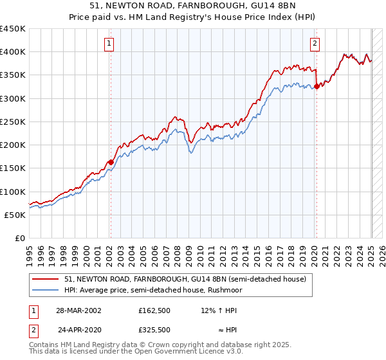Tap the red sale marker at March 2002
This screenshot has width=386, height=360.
point(111,162)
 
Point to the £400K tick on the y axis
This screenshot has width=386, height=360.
point(14,51)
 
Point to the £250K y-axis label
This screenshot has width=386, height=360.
point(14,122)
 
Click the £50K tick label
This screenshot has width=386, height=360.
point(16,215)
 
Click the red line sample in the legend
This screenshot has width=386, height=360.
point(46,279)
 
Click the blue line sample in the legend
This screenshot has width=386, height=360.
point(46,290)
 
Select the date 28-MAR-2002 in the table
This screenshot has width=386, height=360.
point(78,310)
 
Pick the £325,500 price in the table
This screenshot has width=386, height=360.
point(154,329)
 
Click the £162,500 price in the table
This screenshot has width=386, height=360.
point(154,310)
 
